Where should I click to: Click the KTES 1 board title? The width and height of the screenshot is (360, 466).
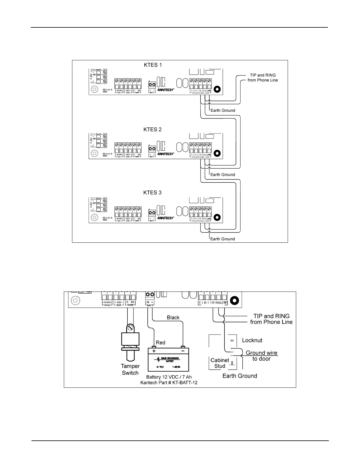[152, 65]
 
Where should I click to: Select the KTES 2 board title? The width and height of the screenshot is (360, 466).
[152, 129]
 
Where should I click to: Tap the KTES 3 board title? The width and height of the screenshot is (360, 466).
[152, 193]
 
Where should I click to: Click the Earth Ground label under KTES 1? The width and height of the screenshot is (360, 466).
[223, 110]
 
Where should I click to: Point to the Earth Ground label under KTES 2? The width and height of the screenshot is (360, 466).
[223, 174]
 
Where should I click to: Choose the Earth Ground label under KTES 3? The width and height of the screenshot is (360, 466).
[222, 239]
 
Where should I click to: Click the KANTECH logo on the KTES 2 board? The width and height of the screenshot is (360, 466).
[166, 154]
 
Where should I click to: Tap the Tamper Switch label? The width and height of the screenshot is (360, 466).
[130, 370]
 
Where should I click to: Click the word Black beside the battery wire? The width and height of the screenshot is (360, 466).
[173, 317]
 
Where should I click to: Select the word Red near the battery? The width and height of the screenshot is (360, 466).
[161, 342]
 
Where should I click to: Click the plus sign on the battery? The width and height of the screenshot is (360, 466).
[154, 351]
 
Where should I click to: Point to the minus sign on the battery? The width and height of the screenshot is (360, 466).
[183, 351]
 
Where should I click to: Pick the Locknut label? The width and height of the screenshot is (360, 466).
[252, 340]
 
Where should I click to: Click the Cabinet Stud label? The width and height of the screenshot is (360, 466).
[220, 363]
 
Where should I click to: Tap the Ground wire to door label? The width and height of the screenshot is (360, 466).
[261, 356]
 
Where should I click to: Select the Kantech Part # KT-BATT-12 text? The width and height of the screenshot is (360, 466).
[169, 382]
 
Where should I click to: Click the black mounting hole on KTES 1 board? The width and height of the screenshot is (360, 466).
[217, 89]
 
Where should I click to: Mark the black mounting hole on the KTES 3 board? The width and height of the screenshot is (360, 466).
[217, 217]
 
